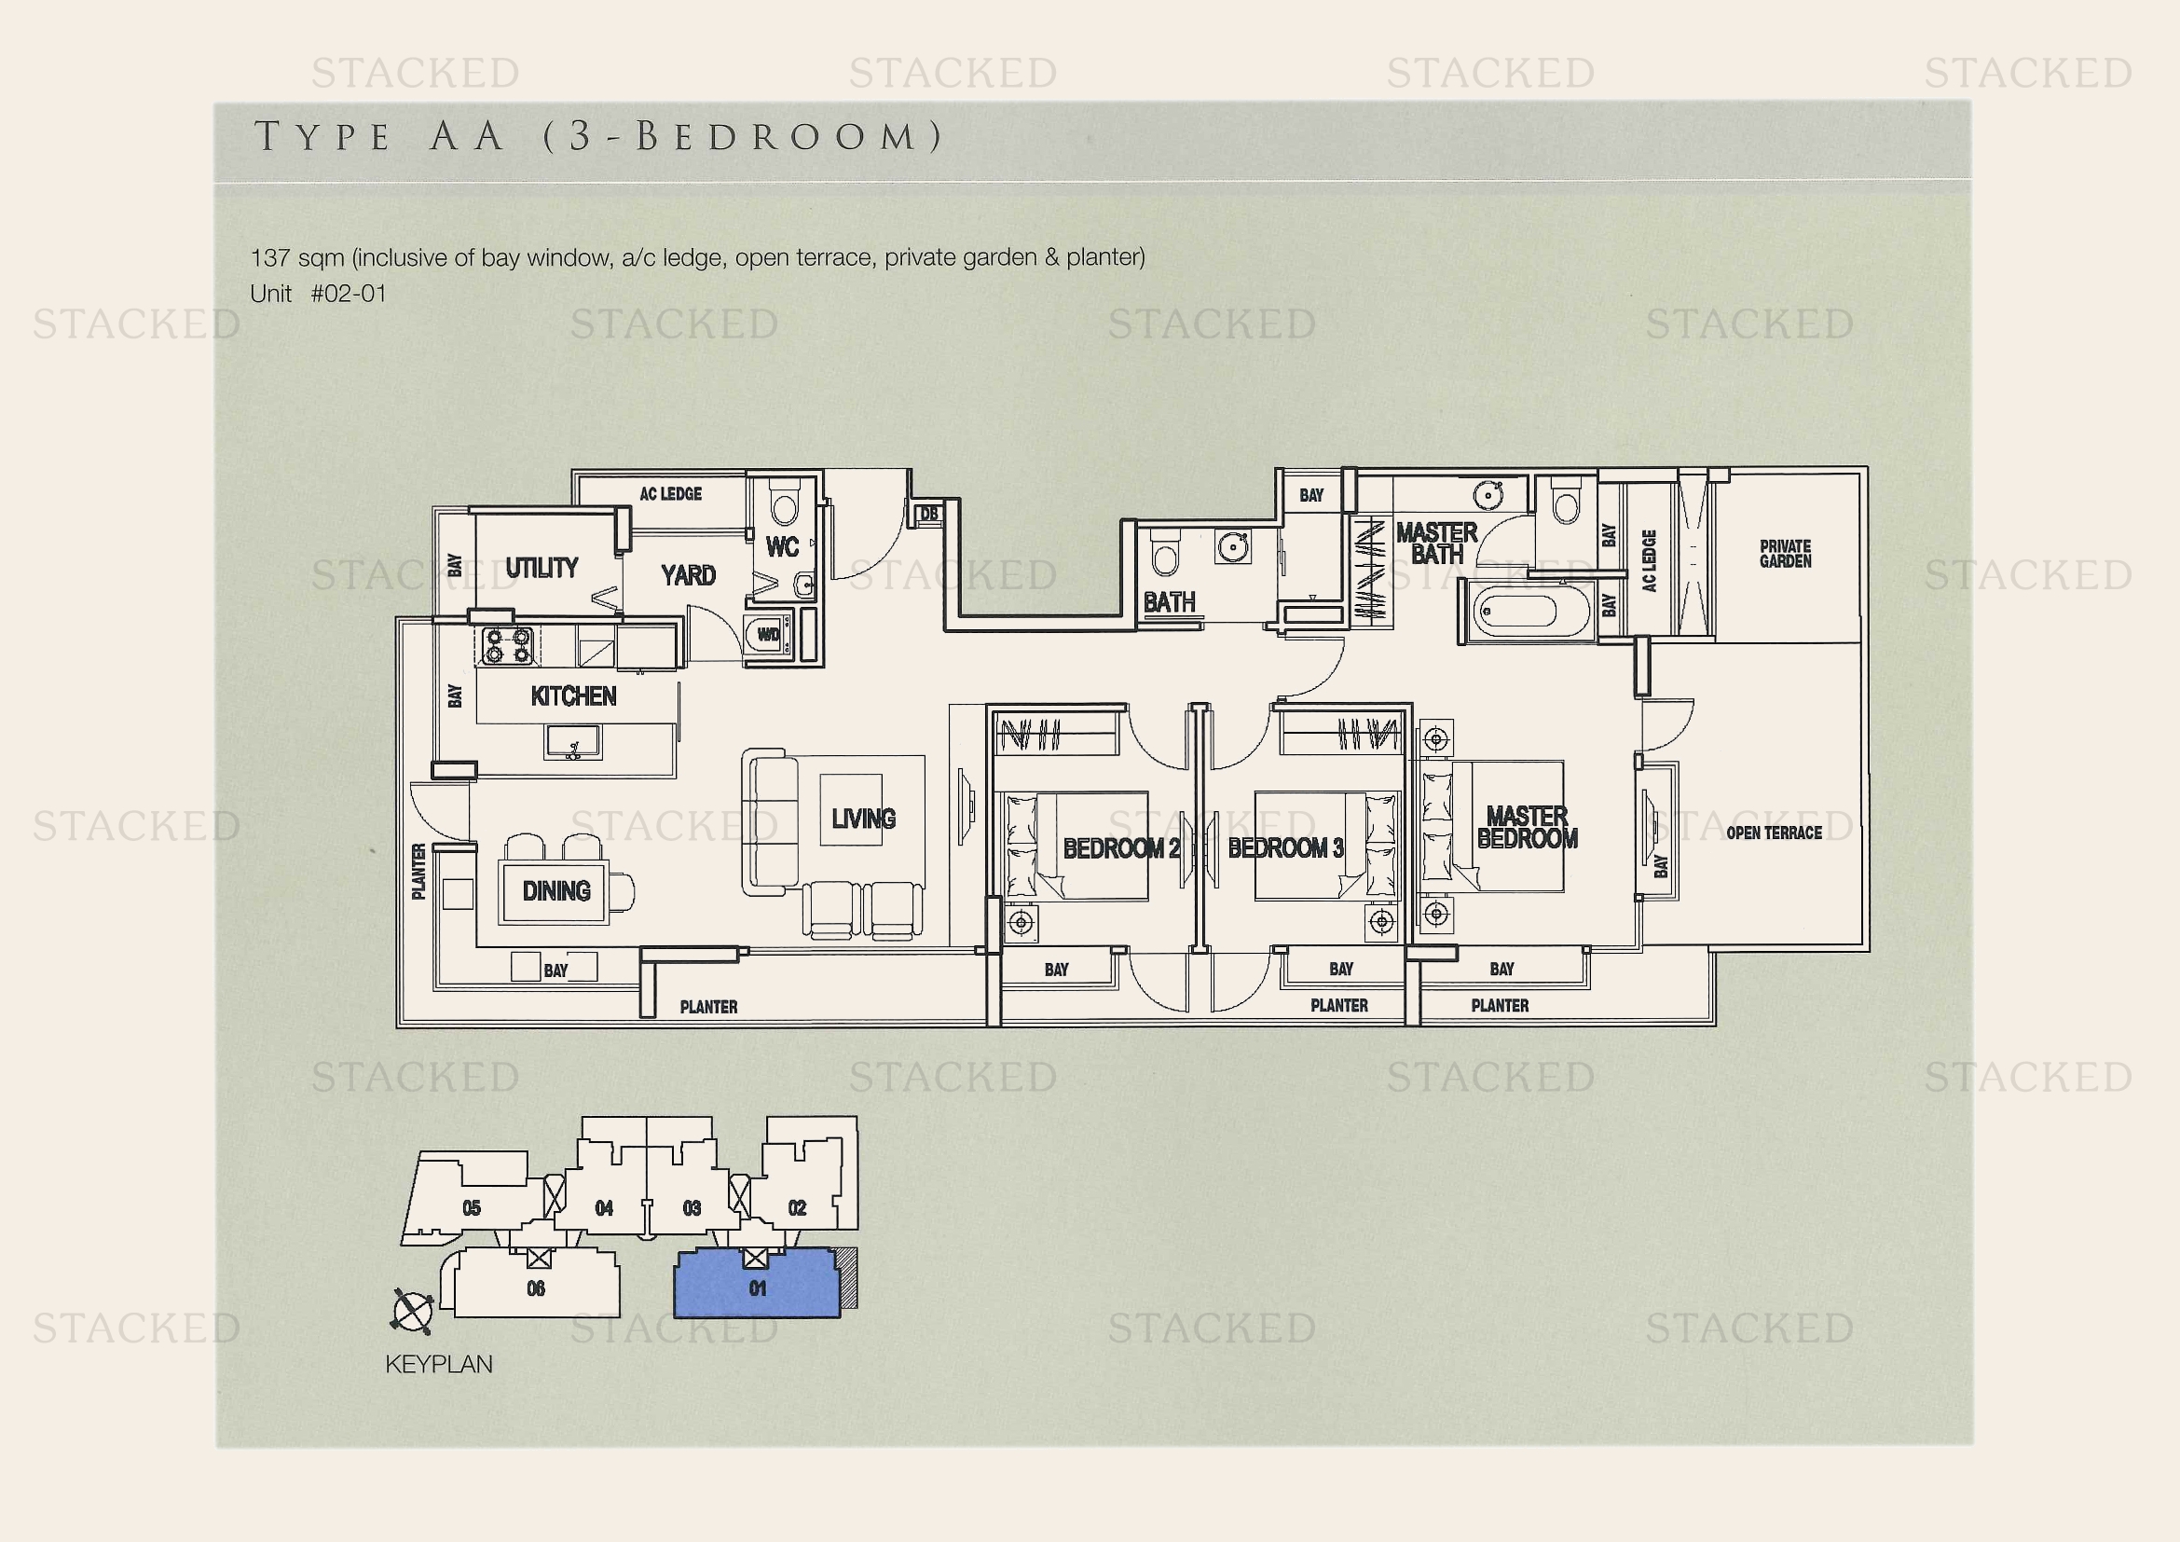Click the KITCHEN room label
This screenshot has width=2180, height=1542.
pos(573,696)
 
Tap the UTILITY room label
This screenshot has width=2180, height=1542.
pos(542,568)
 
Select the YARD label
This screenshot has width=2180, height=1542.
pos(689,574)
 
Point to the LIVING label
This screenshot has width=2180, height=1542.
pos(863,819)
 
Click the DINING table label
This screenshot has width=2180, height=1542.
pos(556,890)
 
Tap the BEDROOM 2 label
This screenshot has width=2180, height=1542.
pos(1120,847)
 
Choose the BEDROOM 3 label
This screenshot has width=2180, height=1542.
pos(1285,847)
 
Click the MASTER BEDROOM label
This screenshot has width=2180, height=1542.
pos(1527,827)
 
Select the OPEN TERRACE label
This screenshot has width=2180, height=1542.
pos(1774,833)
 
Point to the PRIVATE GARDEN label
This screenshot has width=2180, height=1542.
pos(1785,554)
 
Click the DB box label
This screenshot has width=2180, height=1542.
pos(928,514)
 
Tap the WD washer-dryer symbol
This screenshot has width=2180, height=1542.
pos(767,634)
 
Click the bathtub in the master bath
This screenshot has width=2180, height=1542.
pos(1529,612)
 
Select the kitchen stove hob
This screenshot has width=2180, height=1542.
pos(508,646)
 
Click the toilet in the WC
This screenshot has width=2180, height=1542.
pos(785,501)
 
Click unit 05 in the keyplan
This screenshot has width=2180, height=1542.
pos(471,1207)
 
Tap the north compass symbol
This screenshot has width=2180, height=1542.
pos(412,1312)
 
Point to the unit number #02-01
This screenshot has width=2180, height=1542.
pos(349,294)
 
